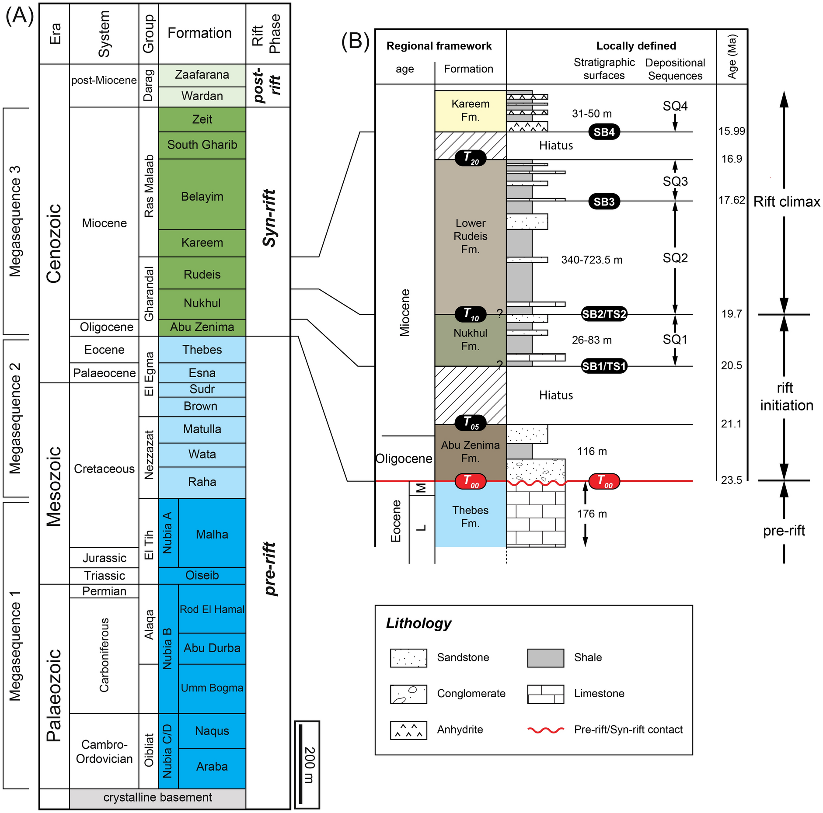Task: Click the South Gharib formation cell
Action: [202, 145]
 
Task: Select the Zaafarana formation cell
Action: [202, 75]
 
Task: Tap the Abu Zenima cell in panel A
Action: [202, 327]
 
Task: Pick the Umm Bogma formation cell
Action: [212, 688]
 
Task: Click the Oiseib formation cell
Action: [202, 575]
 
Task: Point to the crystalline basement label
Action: [157, 797]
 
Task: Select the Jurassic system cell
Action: [104, 558]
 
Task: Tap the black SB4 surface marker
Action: [603, 132]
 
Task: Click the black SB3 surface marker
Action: [603, 202]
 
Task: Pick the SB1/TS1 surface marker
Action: [603, 366]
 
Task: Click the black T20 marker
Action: [471, 158]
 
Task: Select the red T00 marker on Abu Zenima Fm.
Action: [471, 481]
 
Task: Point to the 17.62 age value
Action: [731, 200]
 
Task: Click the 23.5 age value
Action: [731, 480]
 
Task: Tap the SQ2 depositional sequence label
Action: [675, 258]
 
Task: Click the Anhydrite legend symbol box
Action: [408, 730]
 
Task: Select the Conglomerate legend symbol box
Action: [408, 694]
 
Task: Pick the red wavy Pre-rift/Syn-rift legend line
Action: [545, 730]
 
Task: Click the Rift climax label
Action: [786, 202]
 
